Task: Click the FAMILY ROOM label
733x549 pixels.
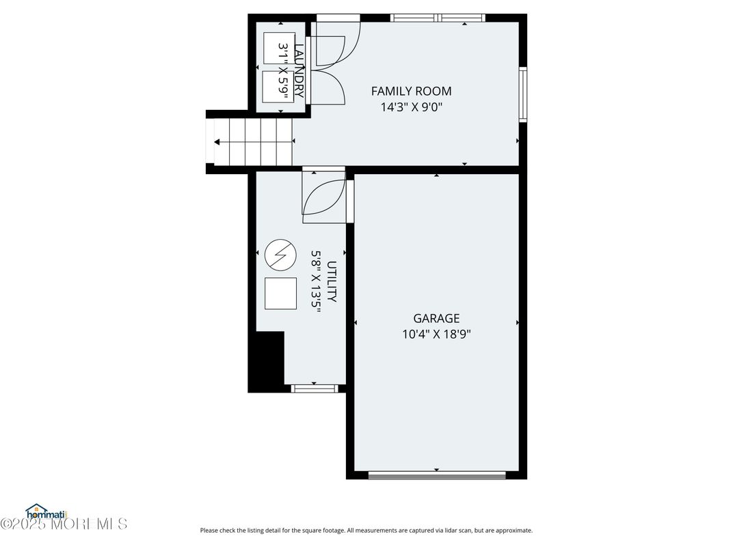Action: pos(411,91)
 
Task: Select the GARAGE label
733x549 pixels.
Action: pos(436,318)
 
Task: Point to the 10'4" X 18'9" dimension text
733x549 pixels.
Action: pos(436,334)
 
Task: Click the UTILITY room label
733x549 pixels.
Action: pos(332,281)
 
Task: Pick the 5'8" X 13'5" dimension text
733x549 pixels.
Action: pos(316,281)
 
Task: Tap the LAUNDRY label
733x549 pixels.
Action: pos(298,70)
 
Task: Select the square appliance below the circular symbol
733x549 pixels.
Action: pos(280,294)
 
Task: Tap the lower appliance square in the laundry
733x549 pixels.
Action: pos(277,86)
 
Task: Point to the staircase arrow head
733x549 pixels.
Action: pos(217,142)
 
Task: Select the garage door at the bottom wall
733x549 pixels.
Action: pos(436,475)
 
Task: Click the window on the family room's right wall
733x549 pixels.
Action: pos(523,94)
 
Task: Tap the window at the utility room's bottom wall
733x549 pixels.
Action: pos(315,389)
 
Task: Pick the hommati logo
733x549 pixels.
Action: pos(44,511)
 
